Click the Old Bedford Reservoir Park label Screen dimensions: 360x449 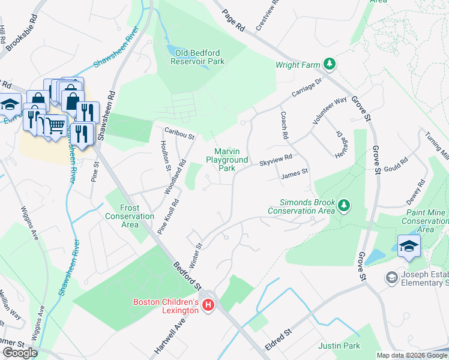pyautogui.click(x=197, y=57)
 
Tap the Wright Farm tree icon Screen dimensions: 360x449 pyautogui.click(x=329, y=64)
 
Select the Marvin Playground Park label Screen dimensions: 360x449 pyautogui.click(x=226, y=160)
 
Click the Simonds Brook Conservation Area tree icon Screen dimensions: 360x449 pyautogui.click(x=344, y=206)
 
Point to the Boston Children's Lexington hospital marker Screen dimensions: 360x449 pyautogui.click(x=208, y=306)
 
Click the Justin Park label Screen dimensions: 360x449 pyautogui.click(x=339, y=346)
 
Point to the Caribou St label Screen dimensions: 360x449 pyautogui.click(x=181, y=133)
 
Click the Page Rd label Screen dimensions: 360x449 pyautogui.click(x=234, y=19)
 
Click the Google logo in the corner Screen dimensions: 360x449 pyautogui.click(x=20, y=353)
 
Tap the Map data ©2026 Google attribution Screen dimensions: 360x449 pyautogui.click(x=412, y=355)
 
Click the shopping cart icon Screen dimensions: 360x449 pyautogui.click(x=55, y=124)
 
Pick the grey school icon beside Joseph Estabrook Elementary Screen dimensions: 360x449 pyautogui.click(x=391, y=277)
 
